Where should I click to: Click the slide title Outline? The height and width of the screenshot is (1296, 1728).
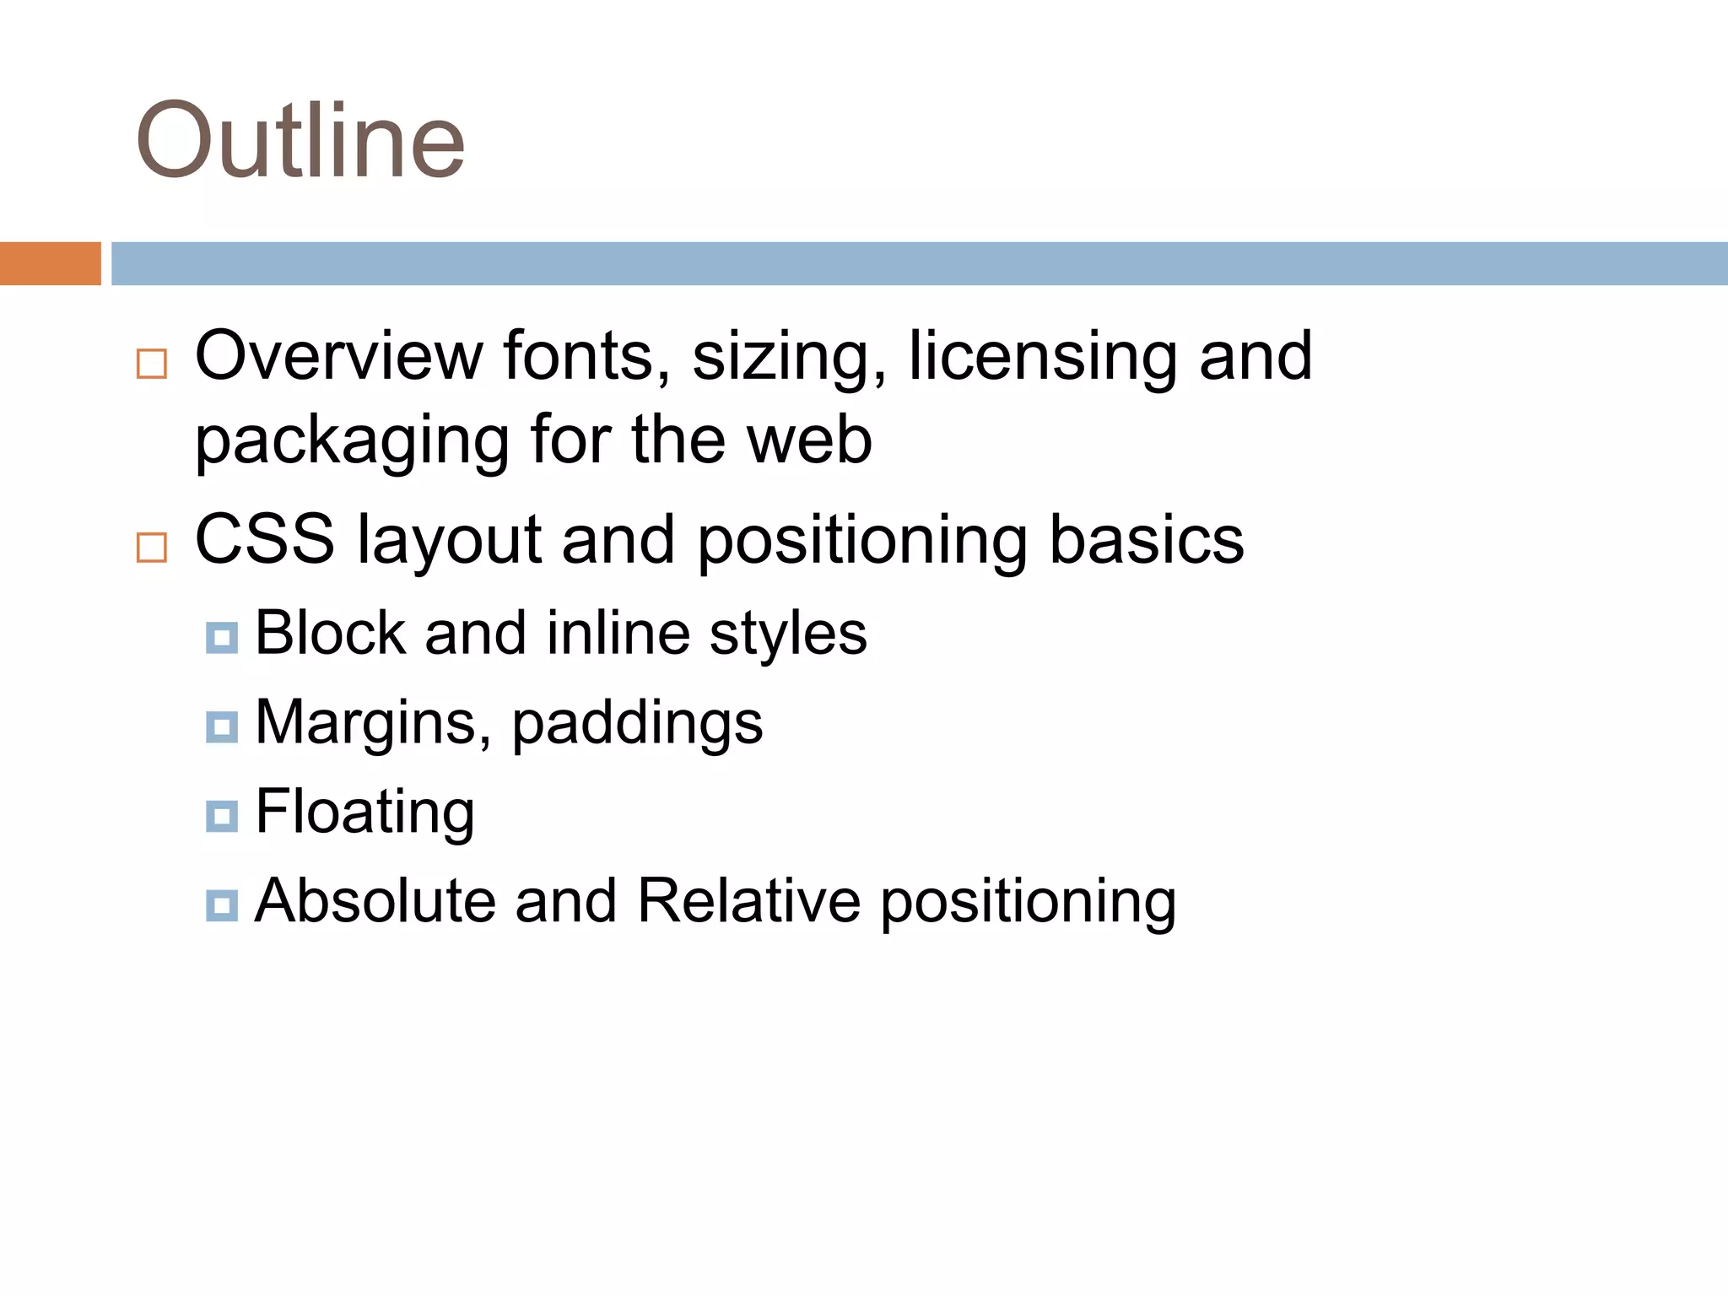(x=300, y=140)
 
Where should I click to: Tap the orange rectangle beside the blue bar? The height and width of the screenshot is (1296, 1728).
(x=50, y=263)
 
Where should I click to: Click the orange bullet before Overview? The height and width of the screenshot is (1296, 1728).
(x=152, y=364)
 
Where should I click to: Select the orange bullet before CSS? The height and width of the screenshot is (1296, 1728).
(x=152, y=548)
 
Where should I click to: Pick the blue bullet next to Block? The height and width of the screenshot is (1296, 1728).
(x=222, y=638)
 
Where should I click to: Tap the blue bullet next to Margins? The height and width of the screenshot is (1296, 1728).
(x=222, y=726)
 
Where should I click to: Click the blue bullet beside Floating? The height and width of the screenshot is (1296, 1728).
(x=222, y=816)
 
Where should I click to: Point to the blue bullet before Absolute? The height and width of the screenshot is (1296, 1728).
(x=222, y=905)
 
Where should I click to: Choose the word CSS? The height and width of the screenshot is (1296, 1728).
(x=264, y=540)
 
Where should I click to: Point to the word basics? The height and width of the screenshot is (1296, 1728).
(x=1146, y=540)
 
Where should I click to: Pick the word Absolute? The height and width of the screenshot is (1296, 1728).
(x=375, y=901)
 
